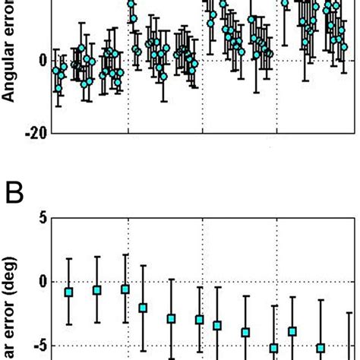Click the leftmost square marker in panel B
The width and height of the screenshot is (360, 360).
tap(68, 292)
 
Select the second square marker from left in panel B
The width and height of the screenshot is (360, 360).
tap(97, 290)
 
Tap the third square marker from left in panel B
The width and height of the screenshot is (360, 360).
tap(125, 289)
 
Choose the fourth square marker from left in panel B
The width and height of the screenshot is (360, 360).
tap(143, 308)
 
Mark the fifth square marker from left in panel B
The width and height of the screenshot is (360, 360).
tap(172, 318)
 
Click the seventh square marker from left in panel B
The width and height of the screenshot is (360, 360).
tap(217, 326)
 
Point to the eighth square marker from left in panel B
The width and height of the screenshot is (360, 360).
tap(245, 332)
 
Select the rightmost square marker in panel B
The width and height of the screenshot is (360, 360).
tap(321, 348)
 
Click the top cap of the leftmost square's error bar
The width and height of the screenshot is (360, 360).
tap(68, 259)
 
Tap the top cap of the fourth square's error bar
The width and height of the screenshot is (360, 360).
tap(143, 266)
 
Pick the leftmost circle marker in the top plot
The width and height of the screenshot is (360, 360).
tap(55, 71)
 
